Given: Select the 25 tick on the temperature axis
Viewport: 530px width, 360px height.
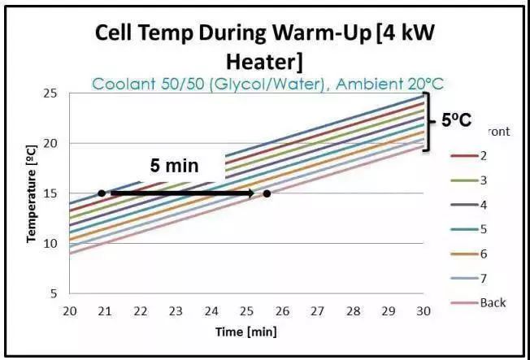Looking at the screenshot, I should pyautogui.click(x=50, y=93).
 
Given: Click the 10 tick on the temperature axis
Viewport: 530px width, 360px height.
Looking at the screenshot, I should pyautogui.click(x=50, y=243).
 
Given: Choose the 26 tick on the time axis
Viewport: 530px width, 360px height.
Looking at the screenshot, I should pyautogui.click(x=282, y=311).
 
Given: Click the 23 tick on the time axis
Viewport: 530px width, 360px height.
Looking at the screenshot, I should pyautogui.click(x=176, y=311).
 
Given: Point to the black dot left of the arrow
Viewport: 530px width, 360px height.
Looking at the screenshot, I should pyautogui.click(x=101, y=193).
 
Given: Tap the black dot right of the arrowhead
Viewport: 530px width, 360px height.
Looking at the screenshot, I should pyautogui.click(x=267, y=193).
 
